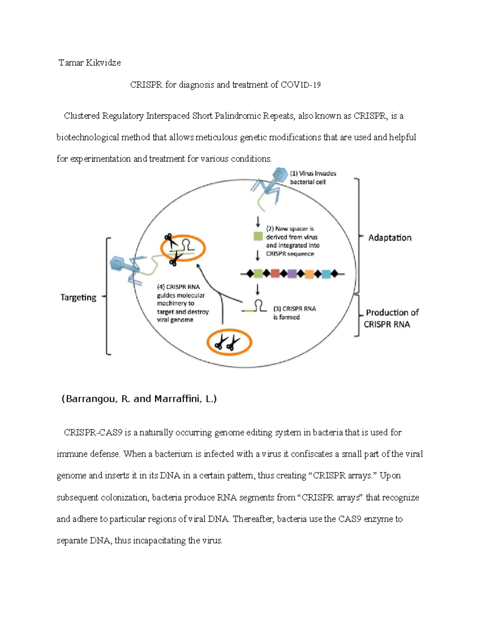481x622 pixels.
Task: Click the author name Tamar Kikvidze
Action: point(89,63)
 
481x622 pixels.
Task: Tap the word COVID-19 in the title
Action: point(300,85)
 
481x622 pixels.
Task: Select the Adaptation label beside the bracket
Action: point(390,238)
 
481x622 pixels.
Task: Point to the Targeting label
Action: point(78,298)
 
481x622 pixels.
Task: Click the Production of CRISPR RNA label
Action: point(391,318)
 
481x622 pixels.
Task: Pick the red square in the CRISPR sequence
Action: point(275,274)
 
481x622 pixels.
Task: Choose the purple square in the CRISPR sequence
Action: point(292,274)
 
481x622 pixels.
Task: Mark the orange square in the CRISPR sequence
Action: point(309,274)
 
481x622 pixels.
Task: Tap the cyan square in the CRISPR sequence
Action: point(326,274)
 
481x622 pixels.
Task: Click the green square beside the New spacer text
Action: point(258,236)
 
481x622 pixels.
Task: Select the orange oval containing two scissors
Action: point(229,342)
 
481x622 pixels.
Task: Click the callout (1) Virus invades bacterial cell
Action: point(313,177)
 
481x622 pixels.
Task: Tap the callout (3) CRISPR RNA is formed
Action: point(294,313)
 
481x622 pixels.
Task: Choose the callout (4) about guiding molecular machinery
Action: point(182,303)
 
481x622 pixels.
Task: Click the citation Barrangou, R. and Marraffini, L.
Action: point(139,399)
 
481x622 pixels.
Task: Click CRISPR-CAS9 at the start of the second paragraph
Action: point(93,433)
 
